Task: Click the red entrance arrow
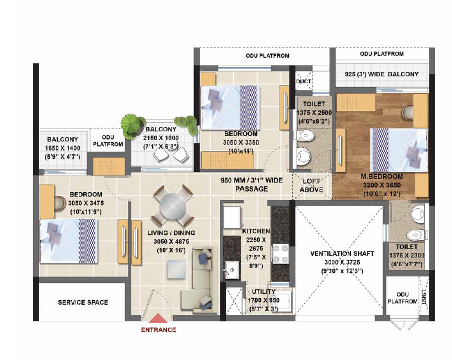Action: pyautogui.click(x=158, y=318)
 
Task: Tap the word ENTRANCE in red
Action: pyautogui.click(x=159, y=330)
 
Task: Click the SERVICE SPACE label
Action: pyautogui.click(x=83, y=302)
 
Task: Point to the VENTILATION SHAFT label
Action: pyautogui.click(x=342, y=254)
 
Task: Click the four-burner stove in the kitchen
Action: pyautogui.click(x=281, y=254)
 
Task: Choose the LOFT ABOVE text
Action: pyautogui.click(x=311, y=185)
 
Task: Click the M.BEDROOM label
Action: pyautogui.click(x=381, y=176)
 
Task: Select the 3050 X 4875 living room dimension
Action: pyautogui.click(x=171, y=241)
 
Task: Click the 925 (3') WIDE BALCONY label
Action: pyautogui.click(x=381, y=74)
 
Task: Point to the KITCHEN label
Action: pyautogui.click(x=256, y=231)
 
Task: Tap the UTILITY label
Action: pyautogui.click(x=263, y=292)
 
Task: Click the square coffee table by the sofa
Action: pyautogui.click(x=176, y=269)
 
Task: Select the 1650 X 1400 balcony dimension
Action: pyautogui.click(x=62, y=148)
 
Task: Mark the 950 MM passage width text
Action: pyautogui.click(x=251, y=185)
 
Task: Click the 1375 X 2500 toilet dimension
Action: pyautogui.click(x=314, y=112)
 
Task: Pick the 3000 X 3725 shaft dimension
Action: pyautogui.click(x=342, y=262)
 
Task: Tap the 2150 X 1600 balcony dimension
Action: pyautogui.click(x=161, y=138)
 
